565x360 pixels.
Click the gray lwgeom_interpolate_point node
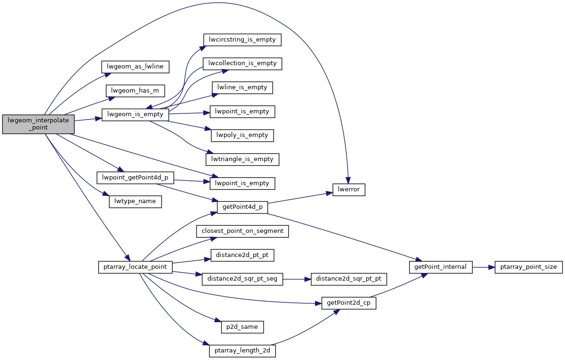(38, 124)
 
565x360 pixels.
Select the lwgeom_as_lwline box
(136, 67)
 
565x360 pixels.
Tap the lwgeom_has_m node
(136, 90)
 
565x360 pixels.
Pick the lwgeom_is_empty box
(136, 114)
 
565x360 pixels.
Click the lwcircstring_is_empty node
(242, 40)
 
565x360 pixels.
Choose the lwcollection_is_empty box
(242, 63)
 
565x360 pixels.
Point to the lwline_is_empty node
(242, 87)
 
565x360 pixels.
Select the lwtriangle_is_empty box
(242, 159)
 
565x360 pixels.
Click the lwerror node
(349, 189)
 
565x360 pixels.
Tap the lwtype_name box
(136, 202)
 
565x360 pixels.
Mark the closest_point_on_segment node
(242, 231)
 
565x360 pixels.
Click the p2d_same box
(242, 326)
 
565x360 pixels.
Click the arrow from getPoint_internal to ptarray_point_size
(483, 267)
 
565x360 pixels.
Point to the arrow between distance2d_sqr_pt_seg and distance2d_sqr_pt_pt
(297, 279)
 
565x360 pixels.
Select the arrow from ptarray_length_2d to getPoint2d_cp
(307, 328)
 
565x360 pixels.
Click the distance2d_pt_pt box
(242, 255)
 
